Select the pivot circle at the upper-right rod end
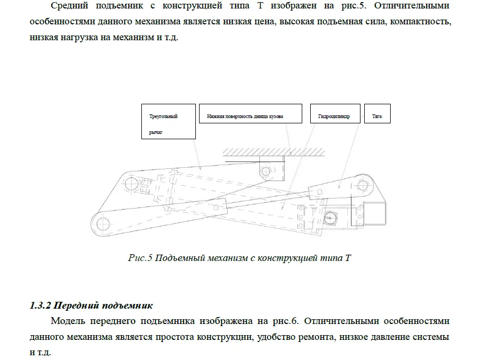pyautogui.click(x=362, y=185)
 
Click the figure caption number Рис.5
pyautogui.click(x=140, y=258)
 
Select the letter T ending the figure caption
pyautogui.click(x=348, y=258)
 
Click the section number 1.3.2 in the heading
pyautogui.click(x=40, y=306)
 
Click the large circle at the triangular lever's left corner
pyautogui.click(x=130, y=184)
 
